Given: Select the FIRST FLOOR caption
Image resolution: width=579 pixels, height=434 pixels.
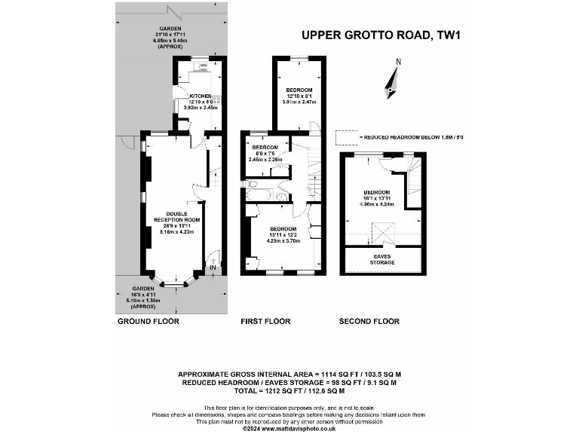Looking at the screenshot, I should coord(265,322).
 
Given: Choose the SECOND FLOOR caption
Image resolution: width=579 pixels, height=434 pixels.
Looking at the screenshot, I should coord(369,322).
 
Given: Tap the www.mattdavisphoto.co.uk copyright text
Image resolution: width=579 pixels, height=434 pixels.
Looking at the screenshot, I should coord(289,429).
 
